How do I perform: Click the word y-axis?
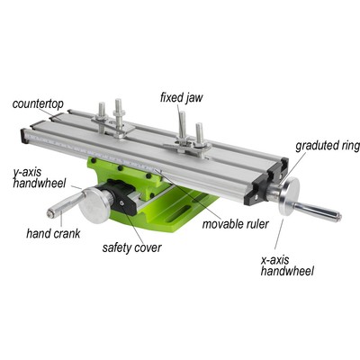[x=31, y=172]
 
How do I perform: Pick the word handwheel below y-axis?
[x=39, y=183]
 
